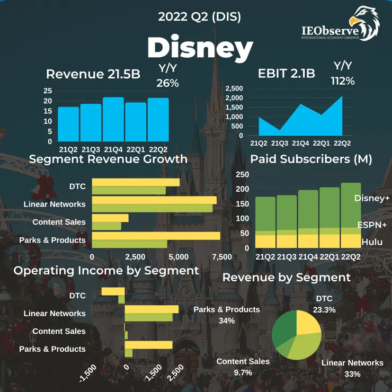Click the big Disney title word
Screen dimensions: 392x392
point(200,48)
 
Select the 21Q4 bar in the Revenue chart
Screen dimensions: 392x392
point(113,119)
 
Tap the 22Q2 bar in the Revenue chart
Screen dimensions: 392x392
point(158,120)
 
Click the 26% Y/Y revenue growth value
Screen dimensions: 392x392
point(167,83)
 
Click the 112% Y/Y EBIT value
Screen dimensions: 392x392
point(343,81)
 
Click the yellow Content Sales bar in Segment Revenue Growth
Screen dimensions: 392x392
point(110,218)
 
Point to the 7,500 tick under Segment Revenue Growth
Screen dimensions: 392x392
point(221,257)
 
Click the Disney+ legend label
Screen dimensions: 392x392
point(372,198)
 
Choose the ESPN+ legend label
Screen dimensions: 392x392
point(372,225)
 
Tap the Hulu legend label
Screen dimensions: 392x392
point(372,242)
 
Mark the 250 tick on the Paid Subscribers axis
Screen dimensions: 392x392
point(242,175)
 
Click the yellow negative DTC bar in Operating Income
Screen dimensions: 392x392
point(113,291)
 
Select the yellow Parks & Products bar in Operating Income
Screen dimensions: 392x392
point(148,345)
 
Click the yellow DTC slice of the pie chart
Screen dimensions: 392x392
point(308,323)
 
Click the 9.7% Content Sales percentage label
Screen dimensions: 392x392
point(243,372)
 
